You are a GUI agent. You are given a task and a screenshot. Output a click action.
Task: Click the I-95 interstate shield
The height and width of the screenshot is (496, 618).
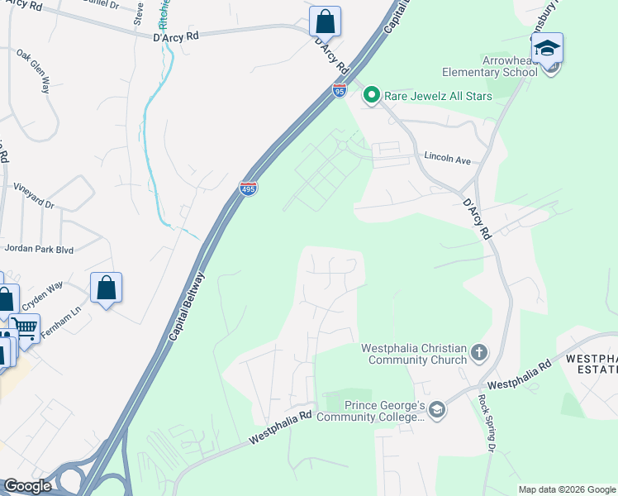pos(340,91)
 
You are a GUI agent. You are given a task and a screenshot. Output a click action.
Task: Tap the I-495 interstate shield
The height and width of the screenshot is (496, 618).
pos(248,189)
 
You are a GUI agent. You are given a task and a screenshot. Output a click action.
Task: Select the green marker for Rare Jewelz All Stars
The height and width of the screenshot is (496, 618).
pos(372,96)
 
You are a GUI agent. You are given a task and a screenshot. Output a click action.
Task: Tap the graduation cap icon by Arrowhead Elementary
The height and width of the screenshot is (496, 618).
pos(547,49)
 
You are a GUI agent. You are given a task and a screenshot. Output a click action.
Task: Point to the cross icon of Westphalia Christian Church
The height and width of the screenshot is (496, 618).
pos(479,355)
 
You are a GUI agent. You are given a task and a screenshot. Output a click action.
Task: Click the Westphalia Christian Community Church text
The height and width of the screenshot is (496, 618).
pos(414,355)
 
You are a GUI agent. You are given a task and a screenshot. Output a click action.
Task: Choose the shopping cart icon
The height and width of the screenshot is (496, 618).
pos(26,328)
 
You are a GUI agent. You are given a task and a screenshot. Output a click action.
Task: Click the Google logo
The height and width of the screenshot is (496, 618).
pos(28,486)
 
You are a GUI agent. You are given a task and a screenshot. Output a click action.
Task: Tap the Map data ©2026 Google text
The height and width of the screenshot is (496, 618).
pos(566,489)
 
